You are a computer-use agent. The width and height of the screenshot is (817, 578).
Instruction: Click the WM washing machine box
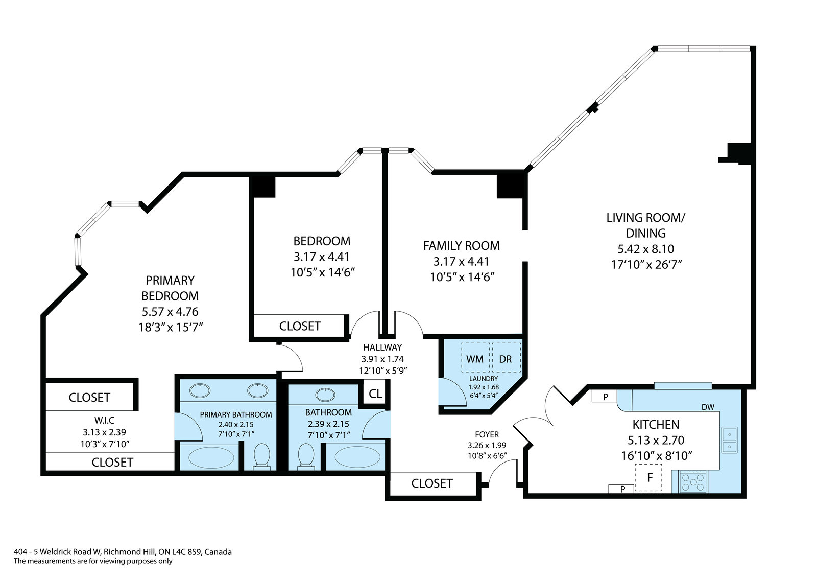tap(475, 357)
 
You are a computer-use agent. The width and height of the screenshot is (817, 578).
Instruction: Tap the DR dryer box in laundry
tap(506, 357)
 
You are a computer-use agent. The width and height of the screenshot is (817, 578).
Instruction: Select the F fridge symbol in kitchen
tap(648, 478)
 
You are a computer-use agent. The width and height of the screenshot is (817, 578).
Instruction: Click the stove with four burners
tap(693, 481)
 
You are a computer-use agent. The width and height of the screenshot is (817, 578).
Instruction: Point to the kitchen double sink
tap(730, 441)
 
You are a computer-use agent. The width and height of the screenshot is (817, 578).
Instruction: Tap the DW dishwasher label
tap(708, 407)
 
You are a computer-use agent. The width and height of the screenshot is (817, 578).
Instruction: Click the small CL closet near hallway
tap(375, 394)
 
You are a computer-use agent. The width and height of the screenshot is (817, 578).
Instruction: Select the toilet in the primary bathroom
tap(261, 456)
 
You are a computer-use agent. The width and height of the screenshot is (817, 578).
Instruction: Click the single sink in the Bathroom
tap(325, 395)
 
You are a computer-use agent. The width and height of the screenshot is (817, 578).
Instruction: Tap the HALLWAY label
tap(382, 347)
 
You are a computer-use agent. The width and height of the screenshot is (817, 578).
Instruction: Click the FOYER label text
tap(487, 434)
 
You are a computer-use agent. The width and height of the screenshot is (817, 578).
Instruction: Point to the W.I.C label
tap(104, 421)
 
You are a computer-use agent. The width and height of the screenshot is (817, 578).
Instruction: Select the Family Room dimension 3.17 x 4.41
tap(461, 262)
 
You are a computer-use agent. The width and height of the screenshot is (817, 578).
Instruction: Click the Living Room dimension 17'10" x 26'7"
tap(646, 264)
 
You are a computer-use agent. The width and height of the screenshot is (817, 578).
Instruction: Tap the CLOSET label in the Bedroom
tap(300, 326)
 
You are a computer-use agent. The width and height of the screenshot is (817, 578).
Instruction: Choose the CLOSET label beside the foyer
tap(432, 483)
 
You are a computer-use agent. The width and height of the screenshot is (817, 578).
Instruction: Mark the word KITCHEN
tap(656, 425)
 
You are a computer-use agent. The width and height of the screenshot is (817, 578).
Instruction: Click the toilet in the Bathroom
tap(306, 456)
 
